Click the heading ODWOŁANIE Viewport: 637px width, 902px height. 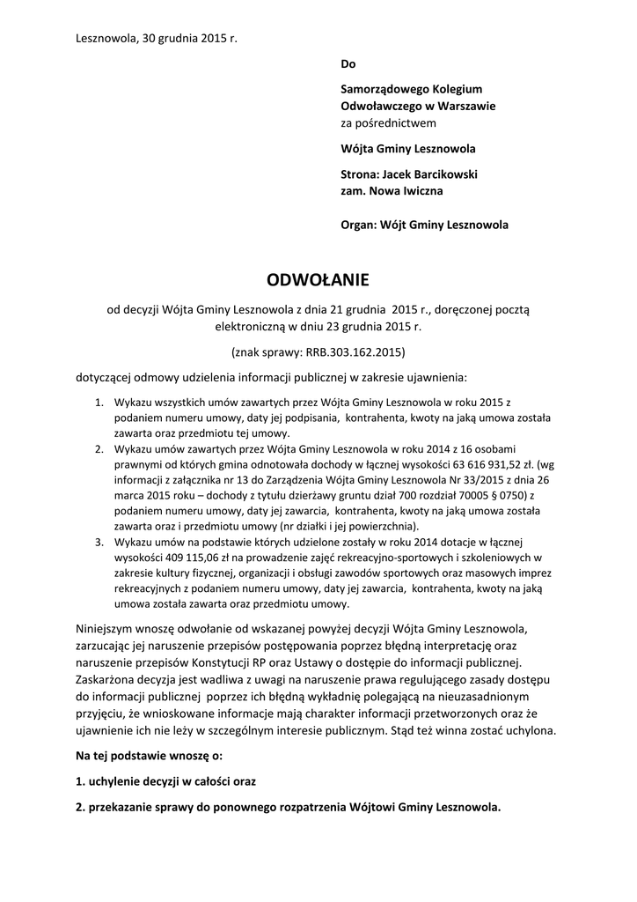pyautogui.click(x=318, y=280)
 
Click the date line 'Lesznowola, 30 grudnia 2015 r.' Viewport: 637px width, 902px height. pyautogui.click(x=157, y=39)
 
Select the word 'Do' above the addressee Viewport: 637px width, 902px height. pyautogui.click(x=348, y=64)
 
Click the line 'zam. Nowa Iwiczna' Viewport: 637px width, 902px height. pyautogui.click(x=392, y=190)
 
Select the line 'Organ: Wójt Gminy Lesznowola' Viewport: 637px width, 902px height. pyautogui.click(x=424, y=225)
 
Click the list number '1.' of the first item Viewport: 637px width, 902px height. pyautogui.click(x=99, y=402)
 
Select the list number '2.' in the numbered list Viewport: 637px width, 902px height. pyautogui.click(x=99, y=448)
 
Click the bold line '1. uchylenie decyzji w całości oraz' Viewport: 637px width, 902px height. pyautogui.click(x=166, y=781)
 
